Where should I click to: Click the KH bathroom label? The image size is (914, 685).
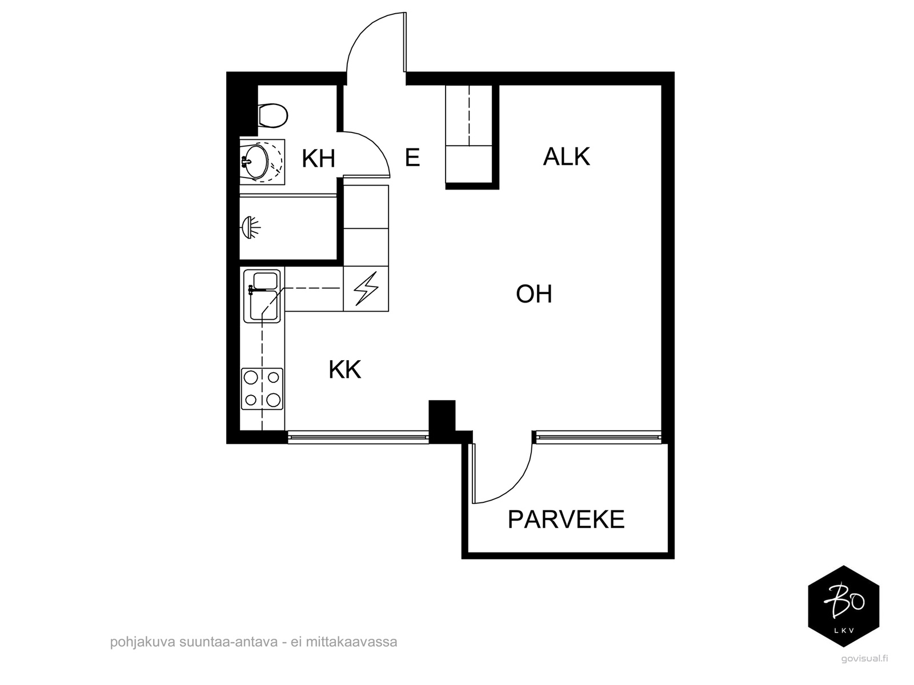[x=318, y=159]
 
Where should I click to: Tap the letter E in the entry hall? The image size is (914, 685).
[x=412, y=158]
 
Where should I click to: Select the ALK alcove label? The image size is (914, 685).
[x=566, y=157]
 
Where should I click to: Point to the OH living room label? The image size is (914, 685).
[x=534, y=295]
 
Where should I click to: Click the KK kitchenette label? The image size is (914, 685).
[x=345, y=369]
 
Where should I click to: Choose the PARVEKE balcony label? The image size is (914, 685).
[x=566, y=519]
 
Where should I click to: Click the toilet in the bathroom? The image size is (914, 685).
[x=272, y=115]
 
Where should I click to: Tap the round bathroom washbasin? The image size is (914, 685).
[x=255, y=162]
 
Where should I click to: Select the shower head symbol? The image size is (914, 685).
[x=251, y=228]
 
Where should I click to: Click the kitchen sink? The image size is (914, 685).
[x=262, y=296]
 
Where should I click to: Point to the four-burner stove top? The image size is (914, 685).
[x=262, y=389]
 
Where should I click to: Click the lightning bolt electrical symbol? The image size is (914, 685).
[x=366, y=289]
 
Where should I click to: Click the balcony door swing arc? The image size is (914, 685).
[x=519, y=485]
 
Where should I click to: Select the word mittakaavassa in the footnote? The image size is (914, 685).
[x=351, y=642]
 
